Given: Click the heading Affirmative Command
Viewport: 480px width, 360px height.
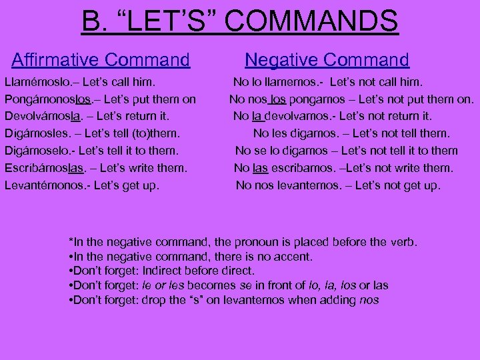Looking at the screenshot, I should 101,60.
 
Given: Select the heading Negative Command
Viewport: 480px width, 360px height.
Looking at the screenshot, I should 327,60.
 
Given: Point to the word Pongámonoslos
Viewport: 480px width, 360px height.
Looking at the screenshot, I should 47,100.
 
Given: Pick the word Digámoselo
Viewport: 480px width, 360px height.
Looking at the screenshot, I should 39,151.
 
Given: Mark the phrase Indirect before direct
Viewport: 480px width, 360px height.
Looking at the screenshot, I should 199,271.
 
